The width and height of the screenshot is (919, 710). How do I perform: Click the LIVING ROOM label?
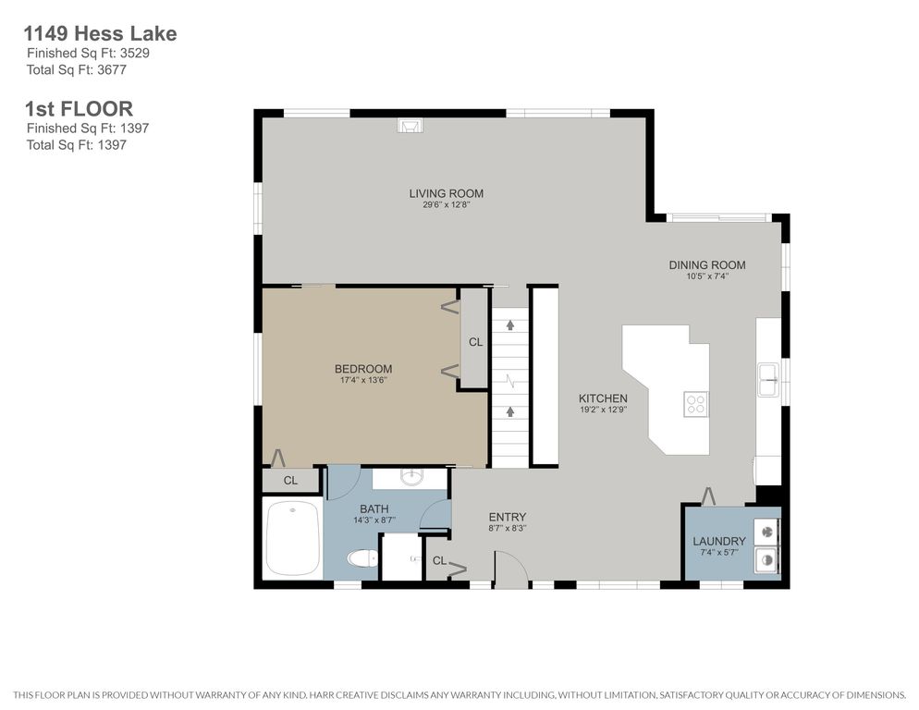446,193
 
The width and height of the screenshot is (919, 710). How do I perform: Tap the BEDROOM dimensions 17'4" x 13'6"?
363,380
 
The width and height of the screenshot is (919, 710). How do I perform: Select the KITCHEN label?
603,398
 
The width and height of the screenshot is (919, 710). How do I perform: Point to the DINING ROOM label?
707,265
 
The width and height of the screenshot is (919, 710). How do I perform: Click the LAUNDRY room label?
719,541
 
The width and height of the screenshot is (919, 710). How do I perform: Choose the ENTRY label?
508,517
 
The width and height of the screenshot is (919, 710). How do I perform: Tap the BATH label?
374,508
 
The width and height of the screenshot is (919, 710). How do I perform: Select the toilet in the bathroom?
362,558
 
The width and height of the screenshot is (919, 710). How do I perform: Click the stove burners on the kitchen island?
695,404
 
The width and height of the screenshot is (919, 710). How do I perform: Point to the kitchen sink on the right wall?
768,380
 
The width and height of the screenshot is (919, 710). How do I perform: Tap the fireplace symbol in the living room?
410,125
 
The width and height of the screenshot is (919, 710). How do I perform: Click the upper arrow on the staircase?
510,324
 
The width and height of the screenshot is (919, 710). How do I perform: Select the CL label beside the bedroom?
475,342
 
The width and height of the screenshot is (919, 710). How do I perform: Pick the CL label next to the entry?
439,561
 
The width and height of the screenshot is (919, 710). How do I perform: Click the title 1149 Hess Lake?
100,33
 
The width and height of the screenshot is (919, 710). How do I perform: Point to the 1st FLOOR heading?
80,108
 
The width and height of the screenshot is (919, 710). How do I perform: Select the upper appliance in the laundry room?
767,532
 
